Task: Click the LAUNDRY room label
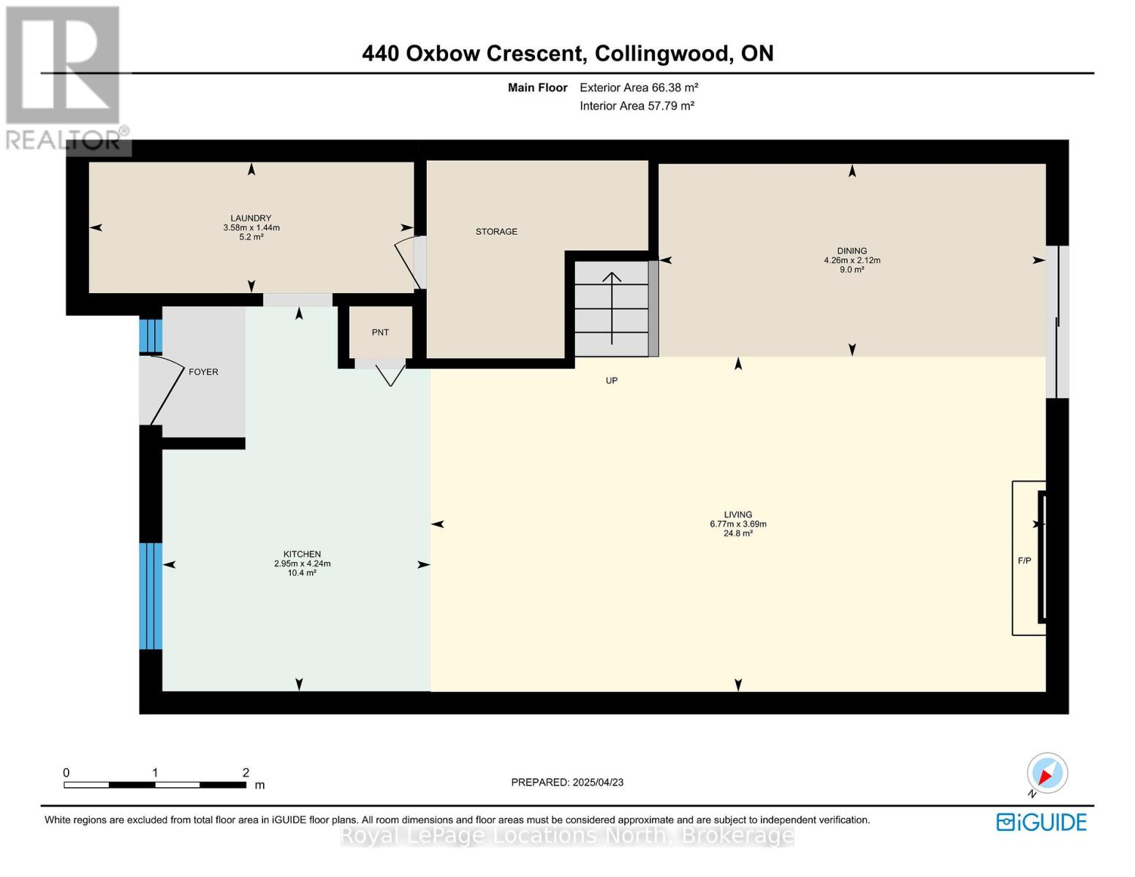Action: tap(251, 218)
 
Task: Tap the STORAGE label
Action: tap(496, 232)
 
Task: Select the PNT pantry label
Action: tap(380, 333)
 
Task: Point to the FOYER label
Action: tap(203, 372)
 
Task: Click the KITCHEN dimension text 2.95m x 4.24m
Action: tap(302, 563)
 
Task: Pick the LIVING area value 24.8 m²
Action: tap(737, 534)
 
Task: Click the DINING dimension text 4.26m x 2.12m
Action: tap(852, 260)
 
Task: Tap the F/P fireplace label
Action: tap(1024, 561)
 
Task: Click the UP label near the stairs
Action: tap(612, 380)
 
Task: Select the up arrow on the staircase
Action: tap(612, 308)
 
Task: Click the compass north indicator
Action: tap(1047, 774)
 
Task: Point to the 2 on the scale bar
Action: tap(246, 772)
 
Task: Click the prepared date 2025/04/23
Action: tap(598, 782)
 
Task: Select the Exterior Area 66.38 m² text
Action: tap(639, 87)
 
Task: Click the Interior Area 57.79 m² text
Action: tap(637, 105)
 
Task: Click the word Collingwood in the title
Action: tap(661, 53)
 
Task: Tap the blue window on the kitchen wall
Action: tap(151, 596)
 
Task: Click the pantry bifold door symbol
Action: tap(391, 375)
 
